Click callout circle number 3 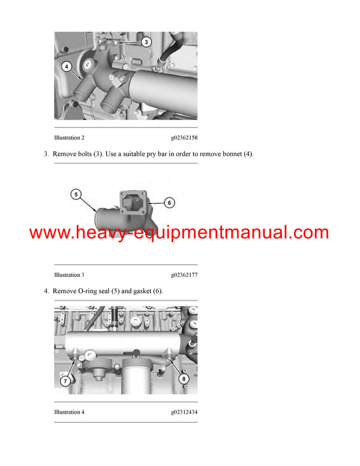tap(146, 42)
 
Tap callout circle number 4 tap(67, 66)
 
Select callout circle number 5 tap(76, 195)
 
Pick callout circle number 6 tap(169, 203)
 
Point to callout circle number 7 tap(65, 381)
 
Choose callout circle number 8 tap(184, 378)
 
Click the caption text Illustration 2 tap(69, 138)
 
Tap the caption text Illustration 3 tap(69, 275)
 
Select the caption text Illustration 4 tap(69, 412)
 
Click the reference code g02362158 tap(184, 138)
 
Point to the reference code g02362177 tap(184, 275)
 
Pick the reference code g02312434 tap(184, 412)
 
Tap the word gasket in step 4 tap(142, 291)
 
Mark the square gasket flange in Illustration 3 tap(133, 203)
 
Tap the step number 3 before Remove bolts tap(46, 154)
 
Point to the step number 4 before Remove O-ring tap(46, 291)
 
